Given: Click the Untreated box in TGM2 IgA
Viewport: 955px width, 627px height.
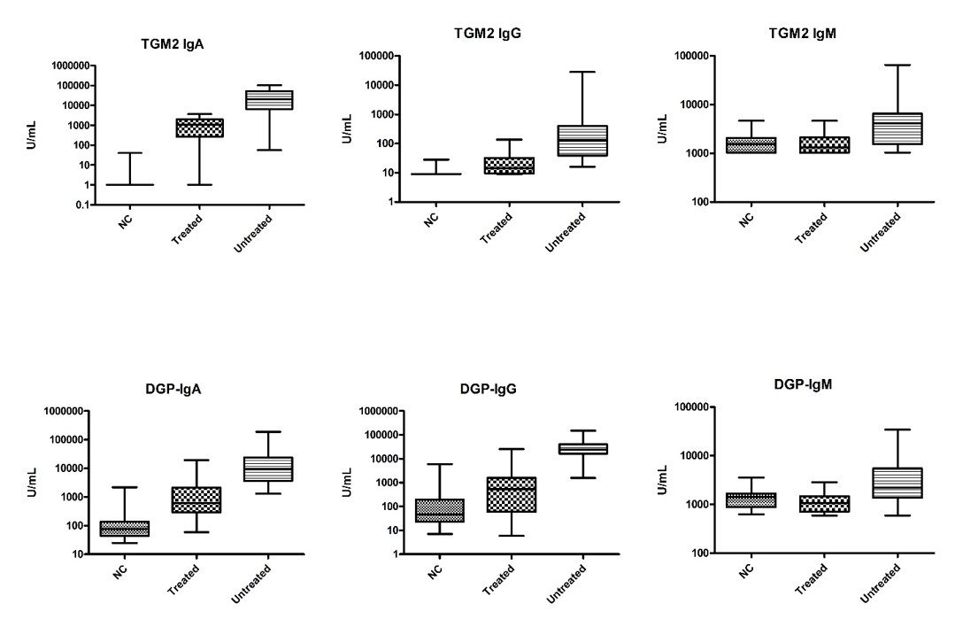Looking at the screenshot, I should pos(270,99).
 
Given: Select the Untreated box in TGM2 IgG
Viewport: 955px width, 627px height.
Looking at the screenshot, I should pos(581,140).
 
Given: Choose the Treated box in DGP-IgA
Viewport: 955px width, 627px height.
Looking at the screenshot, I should pos(196,499).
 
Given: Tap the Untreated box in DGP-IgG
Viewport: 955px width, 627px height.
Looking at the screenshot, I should pos(582,449).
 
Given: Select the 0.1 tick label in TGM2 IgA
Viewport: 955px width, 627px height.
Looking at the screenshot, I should pos(58,205).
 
